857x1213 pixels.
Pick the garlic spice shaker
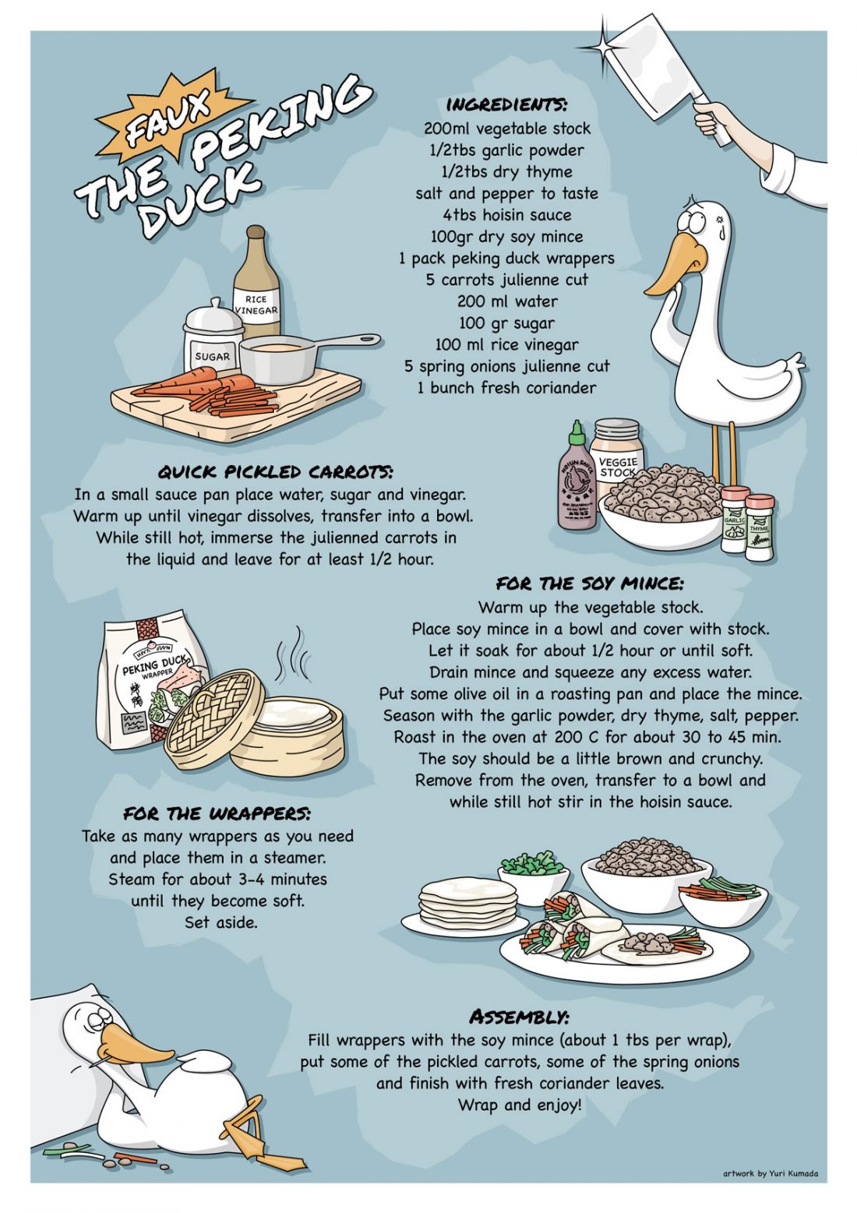pos(735,519)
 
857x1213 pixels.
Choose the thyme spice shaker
pos(759,527)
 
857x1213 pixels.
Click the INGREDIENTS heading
pos(506,104)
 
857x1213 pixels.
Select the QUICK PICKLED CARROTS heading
pos(275,471)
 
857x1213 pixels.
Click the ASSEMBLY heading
pos(519,1017)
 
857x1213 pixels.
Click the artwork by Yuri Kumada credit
pos(771,1174)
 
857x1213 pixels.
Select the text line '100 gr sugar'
pos(506,323)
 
